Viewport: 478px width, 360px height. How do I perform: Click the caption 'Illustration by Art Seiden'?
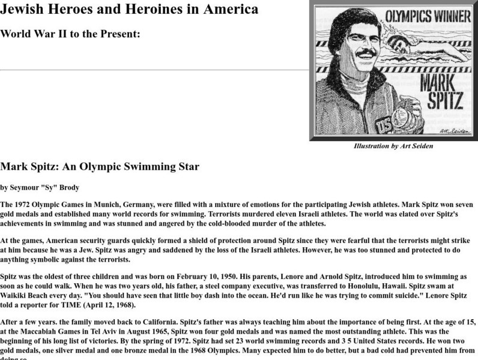pos(393,146)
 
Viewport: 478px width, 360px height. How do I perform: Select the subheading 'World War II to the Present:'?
pos(70,34)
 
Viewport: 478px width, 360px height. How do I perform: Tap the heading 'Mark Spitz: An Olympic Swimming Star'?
pos(100,166)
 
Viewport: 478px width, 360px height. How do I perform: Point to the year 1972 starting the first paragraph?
pos(25,205)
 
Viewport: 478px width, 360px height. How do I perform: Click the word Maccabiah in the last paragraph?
pos(53,329)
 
